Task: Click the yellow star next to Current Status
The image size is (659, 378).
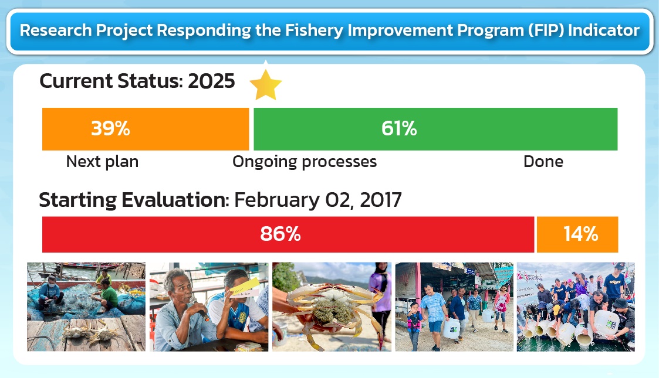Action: [x=266, y=85]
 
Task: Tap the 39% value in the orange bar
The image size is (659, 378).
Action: [x=110, y=128]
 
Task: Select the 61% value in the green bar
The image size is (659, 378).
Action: [x=399, y=128]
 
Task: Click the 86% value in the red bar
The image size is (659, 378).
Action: [x=281, y=234]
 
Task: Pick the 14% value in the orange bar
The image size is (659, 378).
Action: [x=580, y=234]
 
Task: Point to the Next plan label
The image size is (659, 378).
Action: [x=102, y=162]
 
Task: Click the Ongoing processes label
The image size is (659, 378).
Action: [x=305, y=162]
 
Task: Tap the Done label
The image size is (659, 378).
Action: [x=543, y=162]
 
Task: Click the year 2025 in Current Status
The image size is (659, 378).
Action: [x=211, y=81]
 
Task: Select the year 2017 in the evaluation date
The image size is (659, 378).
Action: [x=381, y=200]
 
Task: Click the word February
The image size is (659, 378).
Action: [x=277, y=200]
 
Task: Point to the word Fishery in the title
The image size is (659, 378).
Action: [x=315, y=30]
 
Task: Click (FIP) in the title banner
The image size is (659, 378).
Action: [x=546, y=30]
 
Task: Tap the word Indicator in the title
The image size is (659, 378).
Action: [x=603, y=30]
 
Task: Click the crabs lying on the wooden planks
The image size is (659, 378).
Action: [x=90, y=331]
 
